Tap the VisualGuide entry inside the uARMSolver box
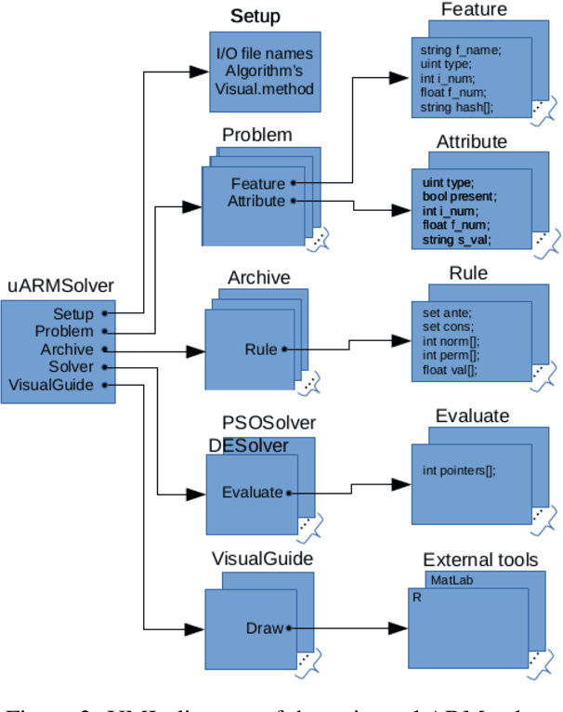52,385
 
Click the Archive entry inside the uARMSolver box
67,349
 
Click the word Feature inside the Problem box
257,183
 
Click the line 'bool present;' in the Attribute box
459,197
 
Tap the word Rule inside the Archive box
261,349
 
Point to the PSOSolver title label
268,424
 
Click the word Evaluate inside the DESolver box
252,493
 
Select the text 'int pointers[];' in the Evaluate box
459,470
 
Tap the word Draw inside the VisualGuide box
264,628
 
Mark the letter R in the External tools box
415,598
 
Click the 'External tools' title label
479,560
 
